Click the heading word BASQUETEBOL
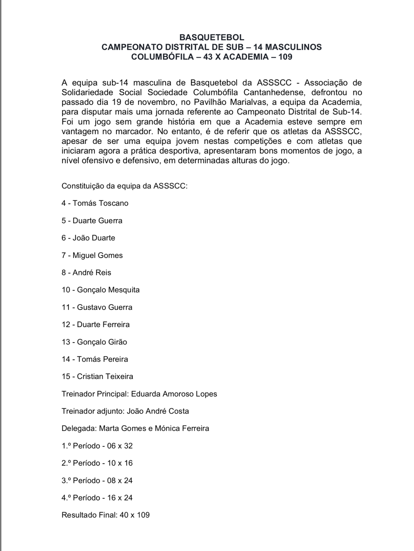(x=211, y=37)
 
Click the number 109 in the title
(x=285, y=56)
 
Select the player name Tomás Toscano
(x=100, y=203)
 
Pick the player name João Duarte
(x=94, y=238)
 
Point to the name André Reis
(x=92, y=272)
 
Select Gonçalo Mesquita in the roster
(x=108, y=290)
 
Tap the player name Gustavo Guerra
(x=105, y=307)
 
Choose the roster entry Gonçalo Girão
(x=102, y=342)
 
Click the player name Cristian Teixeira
(x=105, y=376)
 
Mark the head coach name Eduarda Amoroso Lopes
(x=174, y=394)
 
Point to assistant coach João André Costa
(x=158, y=411)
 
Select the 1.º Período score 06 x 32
(x=120, y=446)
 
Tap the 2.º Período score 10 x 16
(x=120, y=463)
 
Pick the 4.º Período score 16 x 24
(x=120, y=498)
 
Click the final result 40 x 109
(x=135, y=515)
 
